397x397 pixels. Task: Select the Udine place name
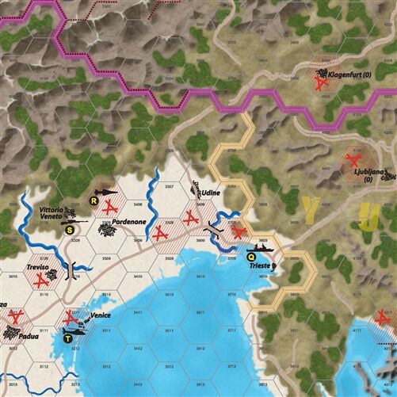210,193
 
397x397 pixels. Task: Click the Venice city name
101,315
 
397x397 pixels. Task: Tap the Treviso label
37,268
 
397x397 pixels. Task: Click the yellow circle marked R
94,201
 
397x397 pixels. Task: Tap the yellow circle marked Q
251,257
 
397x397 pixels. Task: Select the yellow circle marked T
67,338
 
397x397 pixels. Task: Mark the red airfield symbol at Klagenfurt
322,79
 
